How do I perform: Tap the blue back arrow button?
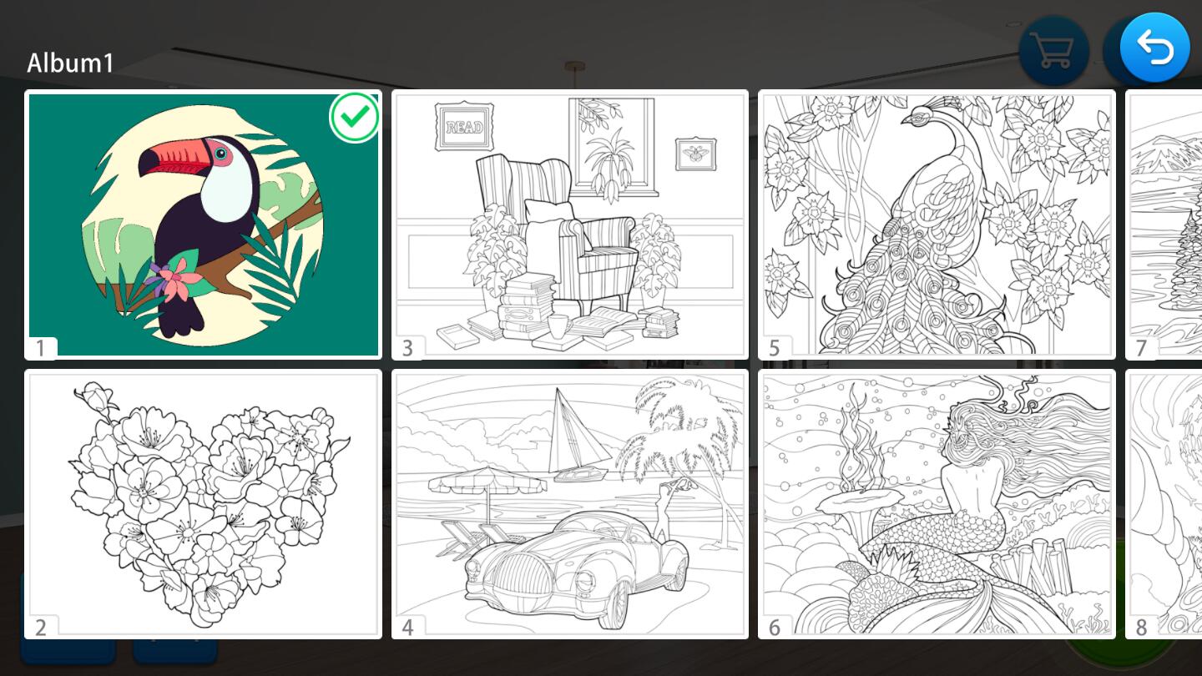coord(1154,48)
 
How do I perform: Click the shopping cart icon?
coord(1053,51)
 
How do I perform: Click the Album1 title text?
coord(70,63)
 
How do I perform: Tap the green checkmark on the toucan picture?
coord(354,117)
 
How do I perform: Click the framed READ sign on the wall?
coord(465,127)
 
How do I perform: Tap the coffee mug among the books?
coord(559,326)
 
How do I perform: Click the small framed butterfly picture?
coord(695,154)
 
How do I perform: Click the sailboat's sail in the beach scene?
coord(577,429)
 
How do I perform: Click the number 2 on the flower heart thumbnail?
coord(41,628)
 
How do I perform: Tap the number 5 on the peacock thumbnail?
coord(775,348)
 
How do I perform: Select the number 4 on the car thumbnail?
coord(408,628)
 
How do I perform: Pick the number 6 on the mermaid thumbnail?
coord(775,628)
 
